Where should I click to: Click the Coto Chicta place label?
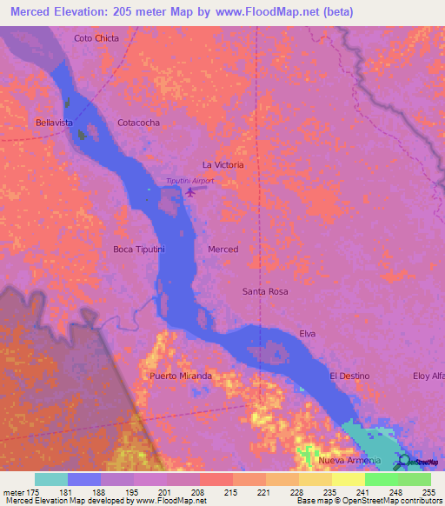(96, 38)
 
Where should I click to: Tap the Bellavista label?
(54, 123)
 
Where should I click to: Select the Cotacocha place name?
(138, 123)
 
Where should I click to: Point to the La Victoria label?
(222, 164)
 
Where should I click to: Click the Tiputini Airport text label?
(189, 181)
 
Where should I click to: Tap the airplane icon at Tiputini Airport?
(189, 192)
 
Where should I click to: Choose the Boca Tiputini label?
(139, 250)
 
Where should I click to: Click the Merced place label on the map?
(222, 250)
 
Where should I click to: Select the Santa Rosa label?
(265, 291)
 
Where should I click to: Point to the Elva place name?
(307, 334)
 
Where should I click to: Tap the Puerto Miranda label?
(181, 376)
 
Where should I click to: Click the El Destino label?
(349, 376)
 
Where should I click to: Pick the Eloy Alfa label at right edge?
(428, 376)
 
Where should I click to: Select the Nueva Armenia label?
(349, 460)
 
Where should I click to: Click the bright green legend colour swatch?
(381, 479)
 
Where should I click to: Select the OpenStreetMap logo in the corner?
(420, 461)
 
